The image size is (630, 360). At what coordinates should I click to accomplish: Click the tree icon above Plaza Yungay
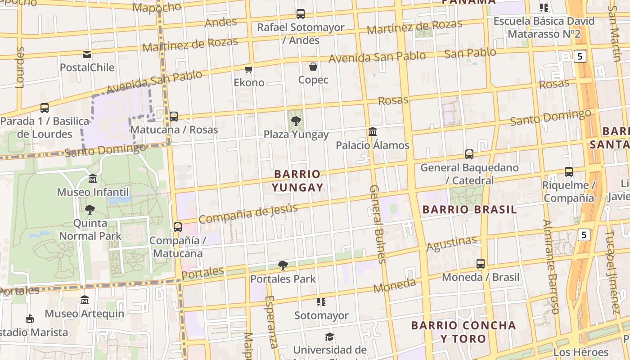[296, 121]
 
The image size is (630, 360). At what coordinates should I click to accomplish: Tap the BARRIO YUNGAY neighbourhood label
[297, 180]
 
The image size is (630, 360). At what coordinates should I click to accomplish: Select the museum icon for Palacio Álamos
[373, 132]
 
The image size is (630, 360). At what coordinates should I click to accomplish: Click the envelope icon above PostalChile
[87, 54]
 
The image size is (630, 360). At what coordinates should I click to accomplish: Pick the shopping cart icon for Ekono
[248, 69]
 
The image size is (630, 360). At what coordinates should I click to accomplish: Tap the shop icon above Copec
[313, 67]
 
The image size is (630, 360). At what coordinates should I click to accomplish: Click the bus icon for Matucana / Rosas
[174, 117]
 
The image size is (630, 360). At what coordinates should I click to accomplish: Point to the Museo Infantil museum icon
[93, 179]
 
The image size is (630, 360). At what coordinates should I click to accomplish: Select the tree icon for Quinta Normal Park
[90, 209]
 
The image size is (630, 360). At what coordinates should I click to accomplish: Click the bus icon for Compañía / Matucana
[178, 227]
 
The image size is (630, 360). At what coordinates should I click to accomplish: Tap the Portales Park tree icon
[283, 265]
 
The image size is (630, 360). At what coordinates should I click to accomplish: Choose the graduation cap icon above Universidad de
[330, 337]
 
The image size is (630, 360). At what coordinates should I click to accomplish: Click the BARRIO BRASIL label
[469, 209]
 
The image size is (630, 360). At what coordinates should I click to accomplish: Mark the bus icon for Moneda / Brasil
[481, 264]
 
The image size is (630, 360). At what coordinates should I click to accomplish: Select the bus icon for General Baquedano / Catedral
[469, 154]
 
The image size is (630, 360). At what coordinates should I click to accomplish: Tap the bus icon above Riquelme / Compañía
[569, 171]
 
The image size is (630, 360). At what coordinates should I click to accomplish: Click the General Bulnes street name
[377, 224]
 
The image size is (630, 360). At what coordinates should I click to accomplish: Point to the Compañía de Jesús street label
[248, 214]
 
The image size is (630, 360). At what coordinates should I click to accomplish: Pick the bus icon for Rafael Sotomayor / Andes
[301, 14]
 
